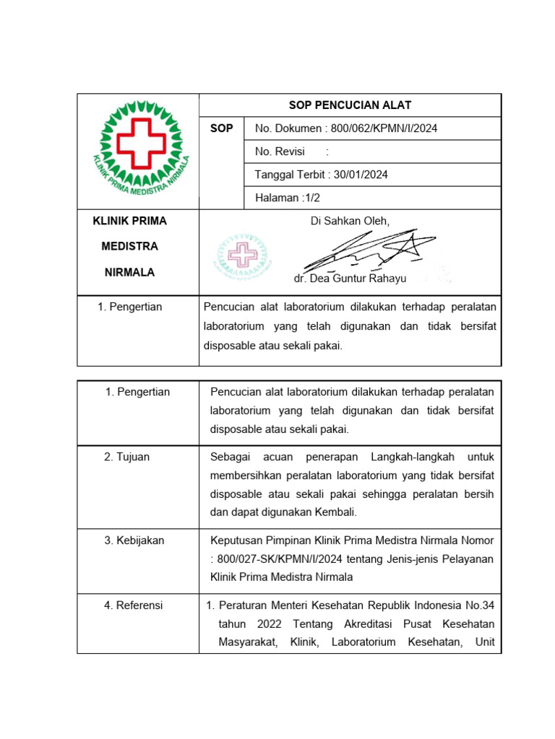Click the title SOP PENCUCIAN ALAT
coord(350,105)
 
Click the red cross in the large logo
coord(142,143)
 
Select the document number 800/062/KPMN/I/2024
coord(384,128)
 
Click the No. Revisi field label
coord(280,152)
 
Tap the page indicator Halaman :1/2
coord(287,197)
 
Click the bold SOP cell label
coord(221,128)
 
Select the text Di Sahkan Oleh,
coord(350,221)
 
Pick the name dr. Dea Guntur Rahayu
coord(350,279)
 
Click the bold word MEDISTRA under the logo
coord(130,246)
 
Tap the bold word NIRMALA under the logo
coord(130,273)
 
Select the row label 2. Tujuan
coord(126,457)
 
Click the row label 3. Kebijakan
coord(134,541)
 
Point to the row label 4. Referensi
coord(133,605)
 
